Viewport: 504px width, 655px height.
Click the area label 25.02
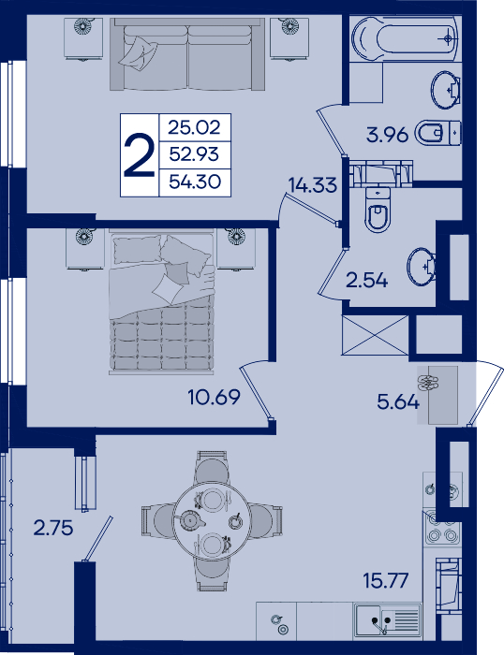[x=195, y=126]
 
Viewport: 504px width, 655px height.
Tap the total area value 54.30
[x=195, y=182]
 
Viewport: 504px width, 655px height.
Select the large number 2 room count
[x=140, y=155]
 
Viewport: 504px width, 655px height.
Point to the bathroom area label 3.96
[x=387, y=135]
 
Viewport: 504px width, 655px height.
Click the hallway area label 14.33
[x=313, y=184]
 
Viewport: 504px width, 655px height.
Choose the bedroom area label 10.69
[x=215, y=397]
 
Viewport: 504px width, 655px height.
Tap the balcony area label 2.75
[x=53, y=529]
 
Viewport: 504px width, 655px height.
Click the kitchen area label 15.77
[x=386, y=581]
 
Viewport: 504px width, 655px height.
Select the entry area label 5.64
[x=398, y=402]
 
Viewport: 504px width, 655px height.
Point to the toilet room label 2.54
[x=367, y=281]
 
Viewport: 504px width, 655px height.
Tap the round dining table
[x=212, y=521]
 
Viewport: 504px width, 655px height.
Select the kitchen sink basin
[x=387, y=619]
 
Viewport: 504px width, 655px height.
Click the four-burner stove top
[x=442, y=528]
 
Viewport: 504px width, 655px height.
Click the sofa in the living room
[x=187, y=54]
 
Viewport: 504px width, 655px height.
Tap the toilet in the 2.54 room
[x=378, y=211]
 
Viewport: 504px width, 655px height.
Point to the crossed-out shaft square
[x=375, y=335]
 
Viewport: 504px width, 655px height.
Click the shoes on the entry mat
[x=428, y=383]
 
